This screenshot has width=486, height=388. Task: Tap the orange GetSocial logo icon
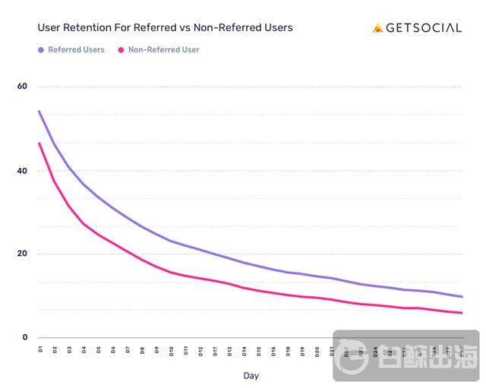(x=378, y=28)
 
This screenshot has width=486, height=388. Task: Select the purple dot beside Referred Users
(x=40, y=50)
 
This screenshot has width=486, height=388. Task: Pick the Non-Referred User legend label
(x=163, y=50)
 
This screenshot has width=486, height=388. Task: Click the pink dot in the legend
(x=121, y=50)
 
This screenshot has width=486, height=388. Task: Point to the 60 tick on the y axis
(x=22, y=87)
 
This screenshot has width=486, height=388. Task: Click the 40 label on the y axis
(x=22, y=171)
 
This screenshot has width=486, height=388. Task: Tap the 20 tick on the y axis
(x=22, y=254)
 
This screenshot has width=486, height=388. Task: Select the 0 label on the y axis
(x=24, y=338)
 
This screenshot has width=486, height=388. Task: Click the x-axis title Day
(x=251, y=375)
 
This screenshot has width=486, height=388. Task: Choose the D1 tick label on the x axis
(x=39, y=350)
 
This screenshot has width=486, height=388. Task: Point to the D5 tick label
(x=98, y=350)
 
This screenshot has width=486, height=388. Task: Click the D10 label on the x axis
(x=172, y=351)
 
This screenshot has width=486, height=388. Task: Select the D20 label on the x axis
(x=317, y=351)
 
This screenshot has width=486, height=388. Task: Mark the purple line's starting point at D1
(x=39, y=112)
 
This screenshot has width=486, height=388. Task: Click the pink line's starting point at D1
(x=39, y=144)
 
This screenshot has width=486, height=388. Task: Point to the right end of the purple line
(x=462, y=297)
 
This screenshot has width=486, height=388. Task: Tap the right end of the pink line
(x=462, y=313)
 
